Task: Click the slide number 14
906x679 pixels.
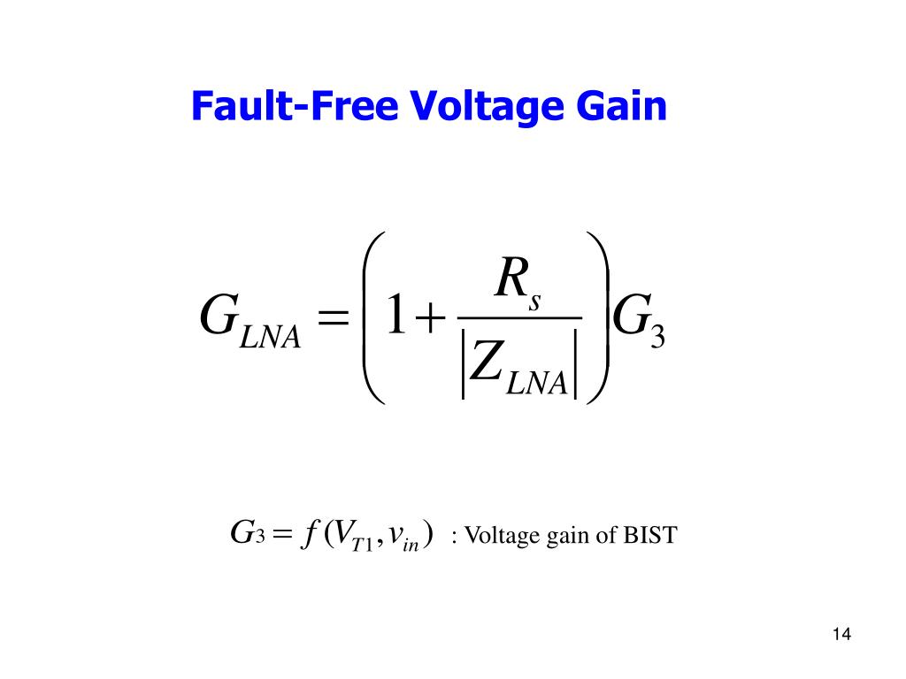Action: (x=841, y=635)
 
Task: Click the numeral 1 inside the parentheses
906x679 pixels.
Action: (x=395, y=317)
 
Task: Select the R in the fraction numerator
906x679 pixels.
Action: (x=511, y=280)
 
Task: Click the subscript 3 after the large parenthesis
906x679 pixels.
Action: (x=656, y=339)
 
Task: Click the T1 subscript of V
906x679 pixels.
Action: (x=362, y=544)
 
